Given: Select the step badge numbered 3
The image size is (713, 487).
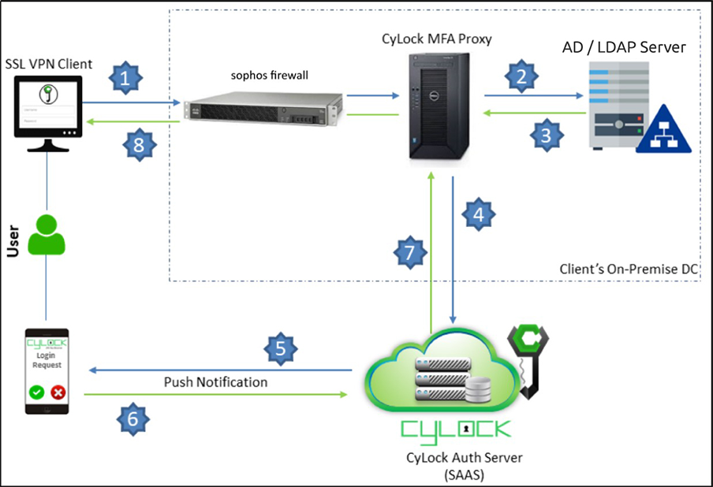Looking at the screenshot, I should (x=546, y=135).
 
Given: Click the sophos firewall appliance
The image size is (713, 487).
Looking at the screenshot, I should (x=263, y=111).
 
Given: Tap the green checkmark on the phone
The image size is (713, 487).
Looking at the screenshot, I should (x=36, y=392).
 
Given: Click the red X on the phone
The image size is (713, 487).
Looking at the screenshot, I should (x=58, y=392).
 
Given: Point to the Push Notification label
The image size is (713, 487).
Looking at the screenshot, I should (x=215, y=382).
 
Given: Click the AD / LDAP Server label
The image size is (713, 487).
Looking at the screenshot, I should (x=624, y=47).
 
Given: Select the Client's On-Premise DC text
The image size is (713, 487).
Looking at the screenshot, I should (x=629, y=270).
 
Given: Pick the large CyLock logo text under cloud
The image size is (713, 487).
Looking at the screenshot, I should (x=456, y=429).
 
